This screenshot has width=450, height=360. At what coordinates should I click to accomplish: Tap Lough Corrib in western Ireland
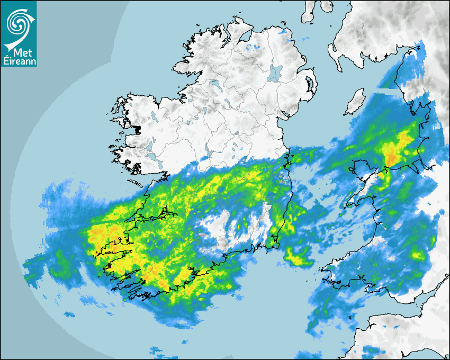(x=151, y=146)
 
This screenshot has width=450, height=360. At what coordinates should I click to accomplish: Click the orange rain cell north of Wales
(x=392, y=158)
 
